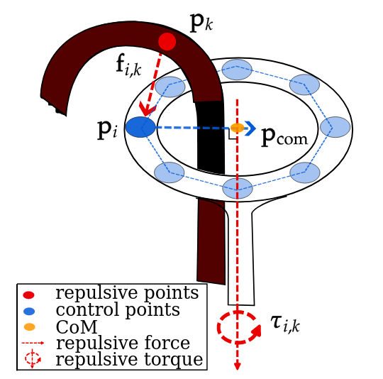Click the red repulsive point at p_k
(167, 42)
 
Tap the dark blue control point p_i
(140, 127)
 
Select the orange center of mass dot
(238, 128)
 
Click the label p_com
(284, 136)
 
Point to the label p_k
(201, 23)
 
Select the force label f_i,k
(128, 65)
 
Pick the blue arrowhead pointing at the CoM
(250, 127)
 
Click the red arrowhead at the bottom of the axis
(238, 366)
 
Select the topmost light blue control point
(237, 70)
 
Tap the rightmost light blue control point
(335, 127)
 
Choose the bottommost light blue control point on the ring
(238, 188)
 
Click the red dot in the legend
(29, 295)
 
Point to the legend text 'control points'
(117, 310)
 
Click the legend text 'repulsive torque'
(128, 359)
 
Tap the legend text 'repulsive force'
(123, 344)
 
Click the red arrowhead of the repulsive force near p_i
(147, 110)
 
